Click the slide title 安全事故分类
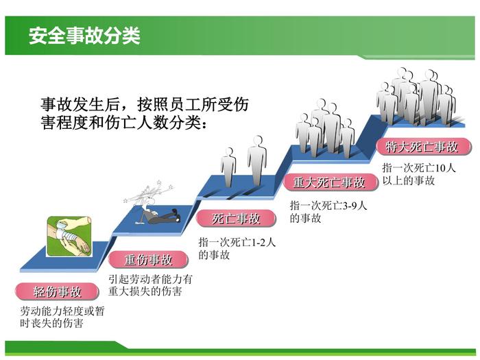84,36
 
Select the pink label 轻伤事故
58,291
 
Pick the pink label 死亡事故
236,219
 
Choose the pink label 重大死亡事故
329,182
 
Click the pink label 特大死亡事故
422,146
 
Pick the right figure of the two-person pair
256,159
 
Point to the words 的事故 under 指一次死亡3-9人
305,218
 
